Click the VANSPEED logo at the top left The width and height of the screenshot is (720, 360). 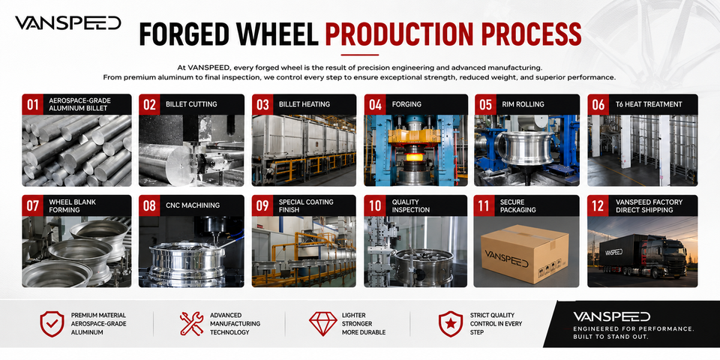pos(68,23)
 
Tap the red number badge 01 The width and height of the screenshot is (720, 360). pos(32,104)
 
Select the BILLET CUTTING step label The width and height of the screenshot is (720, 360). pos(191,104)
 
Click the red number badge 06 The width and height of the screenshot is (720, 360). pos(598,104)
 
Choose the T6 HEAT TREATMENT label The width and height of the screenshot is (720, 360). pos(649,104)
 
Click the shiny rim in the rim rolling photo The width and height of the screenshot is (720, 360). pos(525,148)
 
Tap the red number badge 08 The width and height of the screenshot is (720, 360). pos(149,205)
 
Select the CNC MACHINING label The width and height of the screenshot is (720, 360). pos(193,205)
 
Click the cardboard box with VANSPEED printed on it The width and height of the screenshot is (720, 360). pos(524,253)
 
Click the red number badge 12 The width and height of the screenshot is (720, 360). pos(598,205)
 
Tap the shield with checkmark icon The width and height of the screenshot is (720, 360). pos(52,324)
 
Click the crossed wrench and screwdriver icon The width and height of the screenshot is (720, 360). pos(191,324)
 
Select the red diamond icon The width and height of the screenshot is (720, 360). pos(322,324)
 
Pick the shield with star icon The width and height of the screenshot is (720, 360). pos(451,324)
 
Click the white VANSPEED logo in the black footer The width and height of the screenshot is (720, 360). pos(612,316)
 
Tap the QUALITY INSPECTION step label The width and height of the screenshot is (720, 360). pos(411,205)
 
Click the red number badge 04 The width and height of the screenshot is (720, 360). pos(375,104)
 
